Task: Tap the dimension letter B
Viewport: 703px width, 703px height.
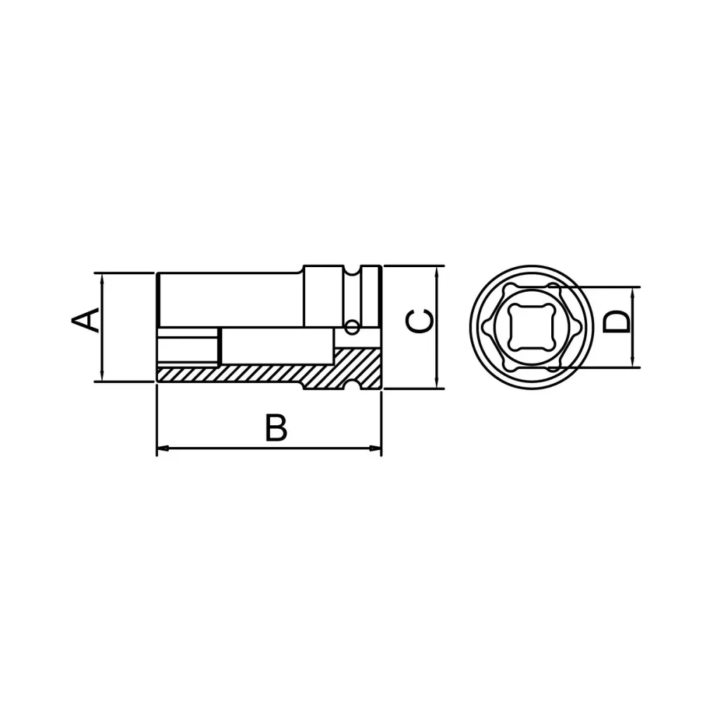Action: [276, 428]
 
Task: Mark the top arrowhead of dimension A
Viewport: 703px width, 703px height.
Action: [103, 278]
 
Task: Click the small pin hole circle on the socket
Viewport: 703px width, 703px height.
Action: [351, 326]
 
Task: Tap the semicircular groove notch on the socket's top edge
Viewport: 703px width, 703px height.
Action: [351, 270]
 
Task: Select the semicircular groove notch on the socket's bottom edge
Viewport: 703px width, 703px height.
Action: [351, 386]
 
